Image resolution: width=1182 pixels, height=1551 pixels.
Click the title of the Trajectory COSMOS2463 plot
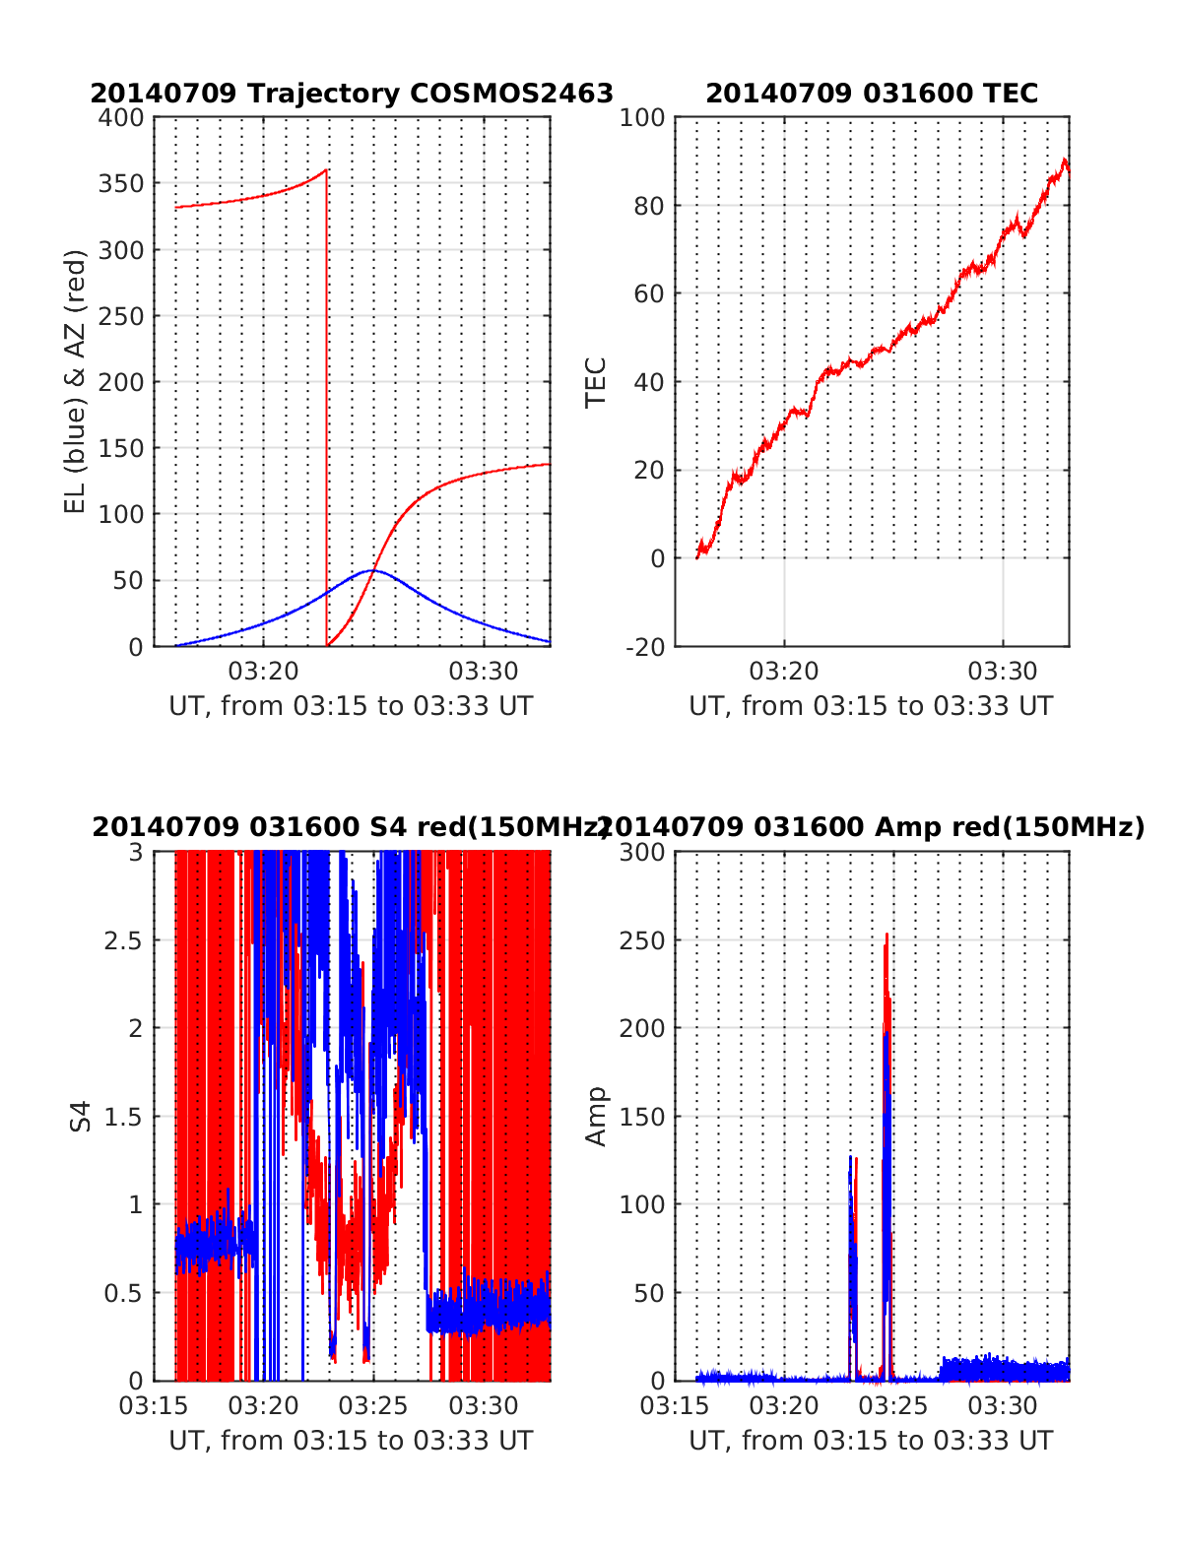pyautogui.click(x=352, y=94)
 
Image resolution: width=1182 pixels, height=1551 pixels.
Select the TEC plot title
pyautogui.click(x=872, y=94)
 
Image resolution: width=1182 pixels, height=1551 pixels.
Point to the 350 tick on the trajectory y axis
pyautogui.click(x=121, y=184)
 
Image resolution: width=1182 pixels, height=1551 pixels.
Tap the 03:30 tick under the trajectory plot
pyautogui.click(x=483, y=672)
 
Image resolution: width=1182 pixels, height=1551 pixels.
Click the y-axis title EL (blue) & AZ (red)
pyautogui.click(x=76, y=381)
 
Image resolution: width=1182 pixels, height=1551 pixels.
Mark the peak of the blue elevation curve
pyautogui.click(x=371, y=570)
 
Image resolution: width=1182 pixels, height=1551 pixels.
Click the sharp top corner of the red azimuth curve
pyautogui.click(x=326, y=170)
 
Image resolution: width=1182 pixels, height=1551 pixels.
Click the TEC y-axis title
pyautogui.click(x=596, y=381)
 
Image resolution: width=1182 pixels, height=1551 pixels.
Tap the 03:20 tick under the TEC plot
pyautogui.click(x=784, y=672)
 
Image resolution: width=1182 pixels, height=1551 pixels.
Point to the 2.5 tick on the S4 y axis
pyautogui.click(x=123, y=940)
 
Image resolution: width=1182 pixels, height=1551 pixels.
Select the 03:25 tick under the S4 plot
pyautogui.click(x=373, y=1405)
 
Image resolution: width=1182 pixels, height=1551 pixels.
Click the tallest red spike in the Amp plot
pyautogui.click(x=886, y=936)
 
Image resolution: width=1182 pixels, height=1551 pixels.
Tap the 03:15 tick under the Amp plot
pyautogui.click(x=675, y=1405)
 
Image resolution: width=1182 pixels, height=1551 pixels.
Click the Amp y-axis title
pyautogui.click(x=596, y=1116)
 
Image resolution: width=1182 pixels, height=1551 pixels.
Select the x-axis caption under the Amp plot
pyautogui.click(x=871, y=1441)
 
